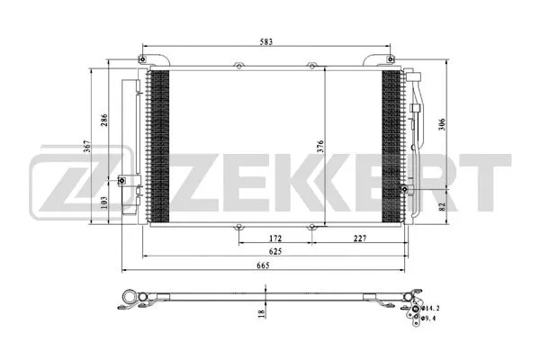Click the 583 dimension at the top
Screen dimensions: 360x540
click(267, 41)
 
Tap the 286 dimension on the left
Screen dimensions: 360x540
click(104, 124)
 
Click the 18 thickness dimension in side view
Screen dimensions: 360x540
click(262, 312)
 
